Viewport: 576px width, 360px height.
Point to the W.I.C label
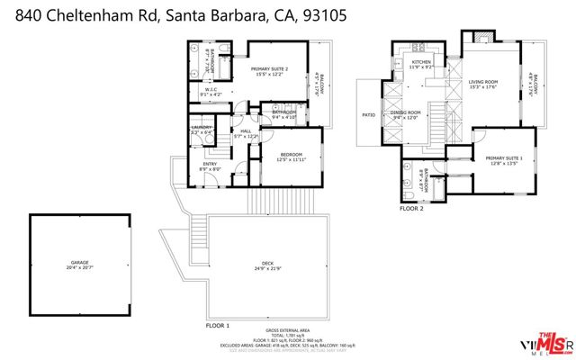[211, 90]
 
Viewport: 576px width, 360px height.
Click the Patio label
[369, 114]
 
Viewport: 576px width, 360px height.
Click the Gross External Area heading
[289, 330]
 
